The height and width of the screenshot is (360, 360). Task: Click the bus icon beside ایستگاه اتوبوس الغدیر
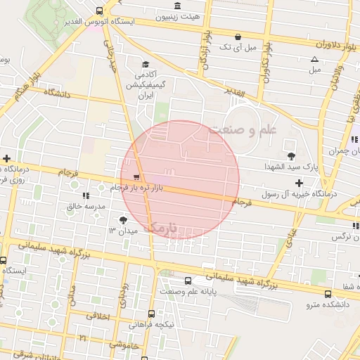coord(98,11)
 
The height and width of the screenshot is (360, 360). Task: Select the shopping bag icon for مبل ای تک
coord(238,37)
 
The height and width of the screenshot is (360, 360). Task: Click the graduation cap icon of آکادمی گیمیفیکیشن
coord(146,63)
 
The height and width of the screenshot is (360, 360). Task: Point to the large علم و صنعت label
coord(243,129)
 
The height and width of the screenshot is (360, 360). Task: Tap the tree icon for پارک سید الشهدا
coord(290,155)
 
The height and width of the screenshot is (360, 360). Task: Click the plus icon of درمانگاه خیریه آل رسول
coord(299,183)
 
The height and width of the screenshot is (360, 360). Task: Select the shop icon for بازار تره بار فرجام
coord(136,177)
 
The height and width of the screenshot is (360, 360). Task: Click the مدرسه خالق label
coord(85,206)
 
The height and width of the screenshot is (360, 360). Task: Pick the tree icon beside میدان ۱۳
coord(124,220)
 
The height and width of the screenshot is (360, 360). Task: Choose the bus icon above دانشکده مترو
coord(328,293)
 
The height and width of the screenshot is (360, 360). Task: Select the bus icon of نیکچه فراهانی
coord(151,314)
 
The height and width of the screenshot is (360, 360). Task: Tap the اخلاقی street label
coord(98,317)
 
